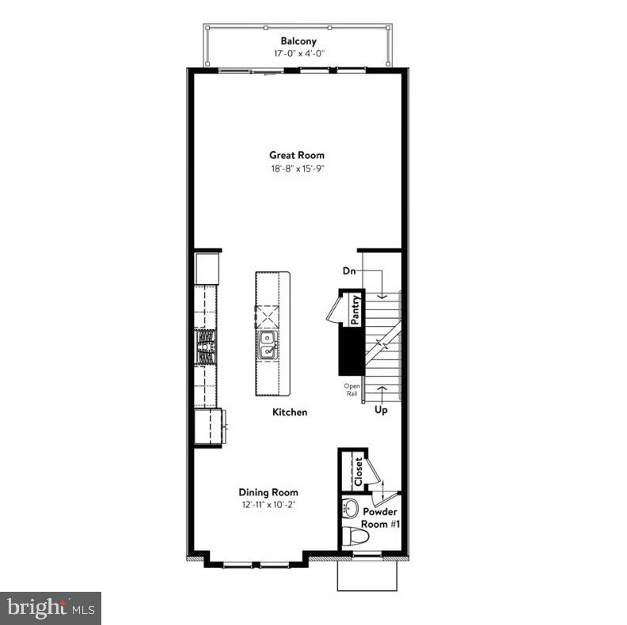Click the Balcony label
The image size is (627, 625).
(298, 41)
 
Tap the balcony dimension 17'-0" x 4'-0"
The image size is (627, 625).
(298, 54)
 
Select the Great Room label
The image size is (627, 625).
(297, 155)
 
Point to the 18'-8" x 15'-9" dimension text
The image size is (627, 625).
(297, 169)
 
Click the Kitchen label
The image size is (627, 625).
(290, 412)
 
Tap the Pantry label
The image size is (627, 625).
(356, 309)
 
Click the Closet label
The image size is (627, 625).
(359, 472)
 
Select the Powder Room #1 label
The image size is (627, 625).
(379, 517)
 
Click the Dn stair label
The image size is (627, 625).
(349, 271)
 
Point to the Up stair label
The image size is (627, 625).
(381, 411)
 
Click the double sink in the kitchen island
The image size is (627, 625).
(268, 347)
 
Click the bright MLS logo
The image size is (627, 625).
(51, 608)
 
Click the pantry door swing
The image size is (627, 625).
(332, 309)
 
